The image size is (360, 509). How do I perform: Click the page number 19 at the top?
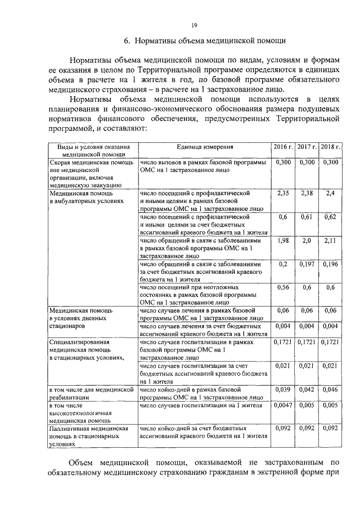coord(193,24)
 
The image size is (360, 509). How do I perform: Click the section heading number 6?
coord(127,40)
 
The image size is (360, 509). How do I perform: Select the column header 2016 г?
coord(283,147)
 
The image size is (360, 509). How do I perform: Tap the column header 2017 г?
coord(307,147)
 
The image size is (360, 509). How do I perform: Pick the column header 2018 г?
coord(331,147)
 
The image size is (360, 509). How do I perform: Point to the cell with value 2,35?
coord(283,193)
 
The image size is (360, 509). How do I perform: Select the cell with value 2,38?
coord(307,193)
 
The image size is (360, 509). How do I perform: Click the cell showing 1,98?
coord(283,240)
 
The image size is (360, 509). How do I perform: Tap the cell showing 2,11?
coord(331,240)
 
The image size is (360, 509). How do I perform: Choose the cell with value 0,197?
coord(307,264)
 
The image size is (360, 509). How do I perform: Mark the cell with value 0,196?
coord(331,264)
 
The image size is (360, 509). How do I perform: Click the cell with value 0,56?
coord(283,287)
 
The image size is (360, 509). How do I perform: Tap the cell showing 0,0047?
coord(283,404)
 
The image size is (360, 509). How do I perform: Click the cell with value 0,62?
coord(331,217)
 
